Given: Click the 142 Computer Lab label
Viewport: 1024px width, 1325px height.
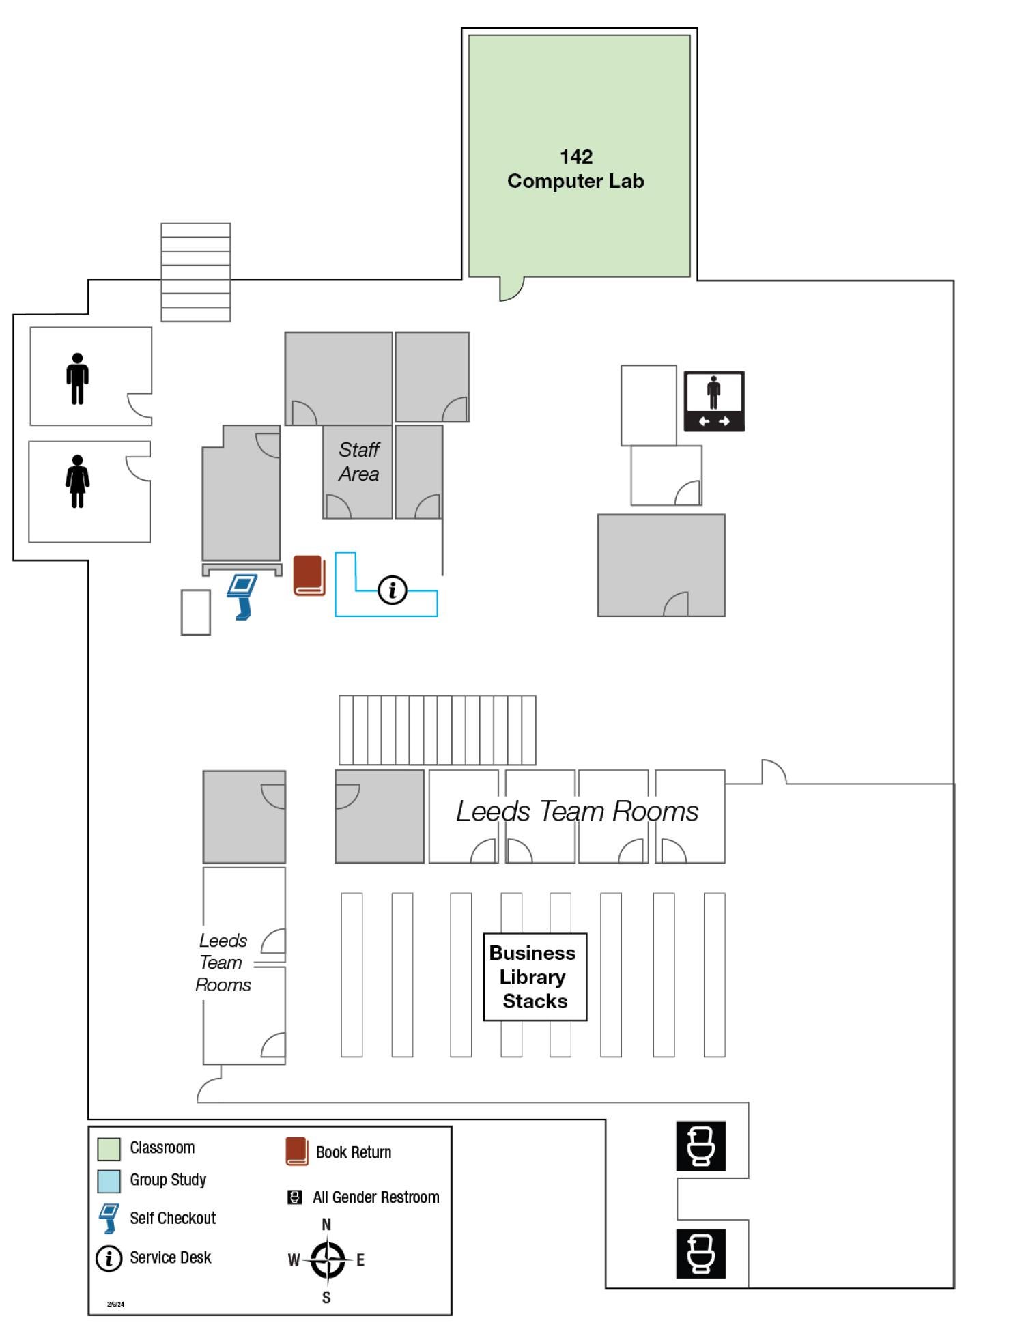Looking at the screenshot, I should [x=575, y=169].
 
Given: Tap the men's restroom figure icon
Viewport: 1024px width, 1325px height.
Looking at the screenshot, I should [x=77, y=379].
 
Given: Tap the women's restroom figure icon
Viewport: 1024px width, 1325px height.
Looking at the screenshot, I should [x=77, y=481].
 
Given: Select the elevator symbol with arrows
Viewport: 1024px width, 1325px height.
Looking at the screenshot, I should [x=714, y=401].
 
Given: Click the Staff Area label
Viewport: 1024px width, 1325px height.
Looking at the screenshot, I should [x=358, y=461].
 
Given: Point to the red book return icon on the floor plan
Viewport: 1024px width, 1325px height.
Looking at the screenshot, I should [x=309, y=575].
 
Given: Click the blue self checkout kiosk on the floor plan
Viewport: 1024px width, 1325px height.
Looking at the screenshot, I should [x=242, y=596].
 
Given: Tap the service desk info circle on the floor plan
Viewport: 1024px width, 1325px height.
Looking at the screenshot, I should [x=392, y=590].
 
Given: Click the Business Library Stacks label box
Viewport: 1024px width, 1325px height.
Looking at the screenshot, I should [x=535, y=977].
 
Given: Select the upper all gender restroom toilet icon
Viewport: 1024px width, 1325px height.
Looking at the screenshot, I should [x=701, y=1145].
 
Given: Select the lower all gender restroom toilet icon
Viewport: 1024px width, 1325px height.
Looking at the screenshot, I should [x=701, y=1254].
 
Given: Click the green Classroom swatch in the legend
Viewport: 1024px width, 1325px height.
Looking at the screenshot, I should [x=109, y=1149].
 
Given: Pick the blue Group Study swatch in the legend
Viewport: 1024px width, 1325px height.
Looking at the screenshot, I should [x=109, y=1181].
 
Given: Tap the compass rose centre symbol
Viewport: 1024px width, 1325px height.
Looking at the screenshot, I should [x=327, y=1260].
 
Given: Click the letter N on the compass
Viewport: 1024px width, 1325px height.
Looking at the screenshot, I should [x=326, y=1225].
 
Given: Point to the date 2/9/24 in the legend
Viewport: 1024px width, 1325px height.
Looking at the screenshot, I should [x=115, y=1304].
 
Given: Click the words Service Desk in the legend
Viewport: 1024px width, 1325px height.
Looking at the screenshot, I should [x=170, y=1257].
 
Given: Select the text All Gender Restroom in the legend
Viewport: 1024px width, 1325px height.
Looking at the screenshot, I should [x=375, y=1197].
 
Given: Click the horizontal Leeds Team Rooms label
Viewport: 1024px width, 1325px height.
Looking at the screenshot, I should [x=577, y=812].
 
